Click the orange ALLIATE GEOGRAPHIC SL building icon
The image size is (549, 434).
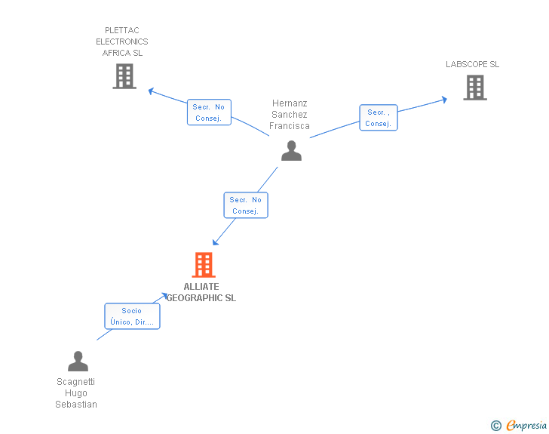204,265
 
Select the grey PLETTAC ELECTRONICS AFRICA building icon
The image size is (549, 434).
124,76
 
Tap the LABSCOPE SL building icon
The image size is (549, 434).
474,88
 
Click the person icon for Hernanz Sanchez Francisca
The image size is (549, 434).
291,150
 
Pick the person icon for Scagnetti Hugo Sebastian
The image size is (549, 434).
78,362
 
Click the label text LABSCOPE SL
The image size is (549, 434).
472,64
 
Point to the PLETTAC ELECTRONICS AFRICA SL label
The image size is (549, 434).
122,42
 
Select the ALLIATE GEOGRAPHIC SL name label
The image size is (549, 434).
201,292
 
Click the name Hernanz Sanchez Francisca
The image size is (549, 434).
290,115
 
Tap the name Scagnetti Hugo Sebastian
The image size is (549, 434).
76,393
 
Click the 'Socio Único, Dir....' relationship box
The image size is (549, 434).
132,316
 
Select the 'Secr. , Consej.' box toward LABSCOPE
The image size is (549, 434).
378,118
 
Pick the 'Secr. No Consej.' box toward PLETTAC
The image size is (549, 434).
209,112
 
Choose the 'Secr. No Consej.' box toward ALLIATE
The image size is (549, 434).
246,205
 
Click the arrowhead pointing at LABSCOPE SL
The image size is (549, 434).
445,98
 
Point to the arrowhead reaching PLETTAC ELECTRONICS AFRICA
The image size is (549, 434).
152,91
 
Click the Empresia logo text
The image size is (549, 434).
526,426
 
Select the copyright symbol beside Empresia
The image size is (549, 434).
495,426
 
